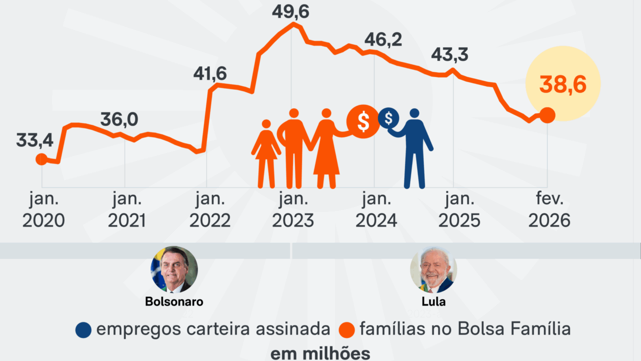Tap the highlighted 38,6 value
point(563,86)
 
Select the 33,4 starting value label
point(35,141)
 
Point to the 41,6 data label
point(210,74)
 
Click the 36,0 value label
point(119,120)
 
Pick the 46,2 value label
point(384,40)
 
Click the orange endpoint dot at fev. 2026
point(547,115)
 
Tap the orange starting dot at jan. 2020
point(42,159)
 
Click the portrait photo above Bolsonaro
point(174,270)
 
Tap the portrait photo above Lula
point(433,270)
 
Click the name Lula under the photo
point(433,302)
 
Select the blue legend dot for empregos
point(84,330)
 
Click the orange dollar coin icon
point(364,121)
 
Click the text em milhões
point(320,353)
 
